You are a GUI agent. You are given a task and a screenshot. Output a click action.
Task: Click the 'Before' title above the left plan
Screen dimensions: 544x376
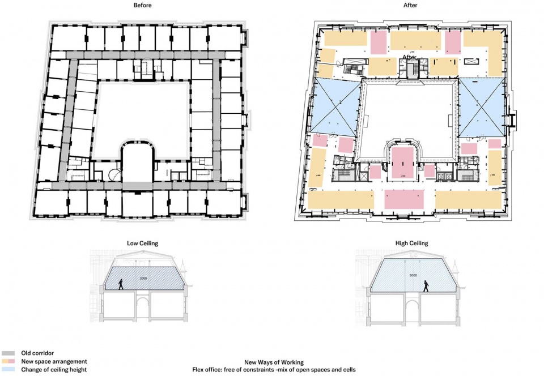point(142,5)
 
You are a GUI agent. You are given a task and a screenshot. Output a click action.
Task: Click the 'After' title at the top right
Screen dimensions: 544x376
point(410,5)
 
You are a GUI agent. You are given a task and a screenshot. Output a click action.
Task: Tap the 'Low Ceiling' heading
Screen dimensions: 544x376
point(142,243)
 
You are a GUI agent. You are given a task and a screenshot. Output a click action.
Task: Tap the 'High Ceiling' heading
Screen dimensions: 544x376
point(411,243)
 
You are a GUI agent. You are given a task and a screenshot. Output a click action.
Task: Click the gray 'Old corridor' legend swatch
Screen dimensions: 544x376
point(8,353)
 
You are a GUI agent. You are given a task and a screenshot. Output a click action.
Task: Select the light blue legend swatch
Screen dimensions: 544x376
point(8,369)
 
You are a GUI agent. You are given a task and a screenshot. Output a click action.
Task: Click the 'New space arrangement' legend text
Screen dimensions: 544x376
point(54,361)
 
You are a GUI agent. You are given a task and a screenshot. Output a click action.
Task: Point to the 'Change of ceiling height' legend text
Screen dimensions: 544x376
point(54,370)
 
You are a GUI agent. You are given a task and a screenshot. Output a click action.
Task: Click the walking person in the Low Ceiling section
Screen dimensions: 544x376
point(121,284)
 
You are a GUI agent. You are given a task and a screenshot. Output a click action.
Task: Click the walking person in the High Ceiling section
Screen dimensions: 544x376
point(426,286)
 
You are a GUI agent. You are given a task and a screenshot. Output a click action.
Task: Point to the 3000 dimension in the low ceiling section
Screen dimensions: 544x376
point(143,278)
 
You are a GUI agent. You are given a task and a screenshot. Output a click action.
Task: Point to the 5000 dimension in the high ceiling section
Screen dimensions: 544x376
point(413,276)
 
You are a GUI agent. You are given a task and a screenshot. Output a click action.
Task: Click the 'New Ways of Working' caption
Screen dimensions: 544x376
point(274,362)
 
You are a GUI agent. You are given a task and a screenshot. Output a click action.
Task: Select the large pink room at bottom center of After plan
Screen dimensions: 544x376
point(404,199)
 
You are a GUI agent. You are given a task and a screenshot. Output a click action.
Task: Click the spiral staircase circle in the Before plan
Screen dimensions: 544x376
point(114,175)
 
